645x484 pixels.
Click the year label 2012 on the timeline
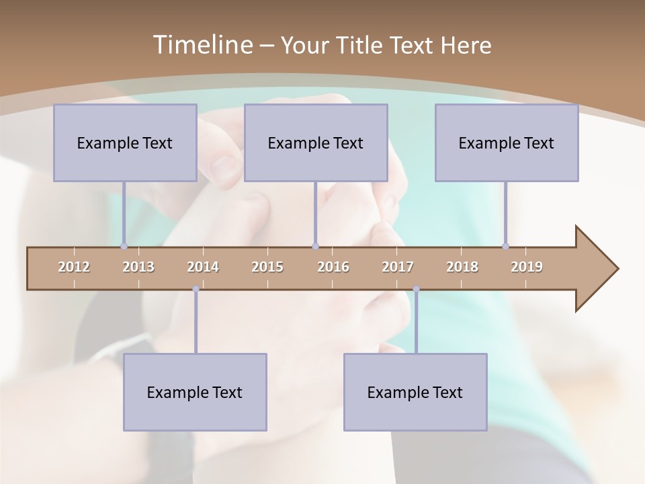coord(74,267)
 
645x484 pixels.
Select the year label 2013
coord(138,267)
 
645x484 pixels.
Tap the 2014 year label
coord(203,267)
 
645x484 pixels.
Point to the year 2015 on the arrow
coord(267,267)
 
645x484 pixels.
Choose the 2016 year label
coord(333,267)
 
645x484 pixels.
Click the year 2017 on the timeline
coord(398,267)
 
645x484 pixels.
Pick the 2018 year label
coord(462,267)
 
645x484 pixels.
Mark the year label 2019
coord(527,267)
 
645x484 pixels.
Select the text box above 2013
coord(125,143)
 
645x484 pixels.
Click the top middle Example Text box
coord(316,143)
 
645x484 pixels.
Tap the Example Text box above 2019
coord(507,143)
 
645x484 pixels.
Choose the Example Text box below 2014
coord(195,392)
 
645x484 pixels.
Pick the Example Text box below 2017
coord(415,392)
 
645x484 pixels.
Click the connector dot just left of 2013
coord(124,247)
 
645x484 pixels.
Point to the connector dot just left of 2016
coord(315,247)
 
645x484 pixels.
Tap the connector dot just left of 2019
coord(505,247)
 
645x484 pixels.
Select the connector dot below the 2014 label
coord(196,289)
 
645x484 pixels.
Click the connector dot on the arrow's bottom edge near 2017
coord(416,289)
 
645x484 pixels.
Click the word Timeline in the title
coord(202,45)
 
